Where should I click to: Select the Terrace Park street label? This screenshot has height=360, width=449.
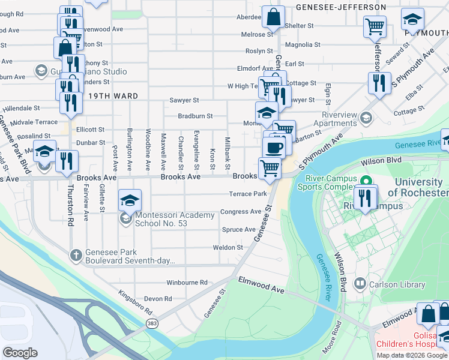247,194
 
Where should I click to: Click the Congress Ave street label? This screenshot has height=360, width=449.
241,212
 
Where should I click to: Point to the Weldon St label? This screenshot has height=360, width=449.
228,247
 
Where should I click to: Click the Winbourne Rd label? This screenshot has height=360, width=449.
187,282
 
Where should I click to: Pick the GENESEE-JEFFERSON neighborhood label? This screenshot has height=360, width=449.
341,7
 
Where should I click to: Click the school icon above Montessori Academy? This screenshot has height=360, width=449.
130,201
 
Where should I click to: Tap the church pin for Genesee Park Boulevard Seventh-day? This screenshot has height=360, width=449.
76,256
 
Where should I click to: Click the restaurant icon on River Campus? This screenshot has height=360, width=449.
366,197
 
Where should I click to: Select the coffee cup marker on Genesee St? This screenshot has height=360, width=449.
274,148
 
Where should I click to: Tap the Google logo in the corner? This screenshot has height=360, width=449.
20,352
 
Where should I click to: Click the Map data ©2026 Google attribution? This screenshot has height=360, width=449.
412,355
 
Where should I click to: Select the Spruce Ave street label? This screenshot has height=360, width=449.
239,230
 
